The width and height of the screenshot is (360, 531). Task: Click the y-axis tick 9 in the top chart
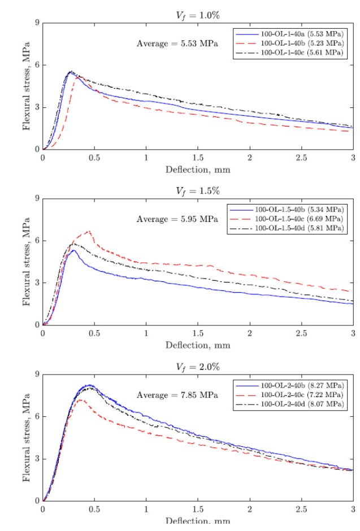point(37,23)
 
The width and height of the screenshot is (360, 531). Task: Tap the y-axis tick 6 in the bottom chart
point(37,416)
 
